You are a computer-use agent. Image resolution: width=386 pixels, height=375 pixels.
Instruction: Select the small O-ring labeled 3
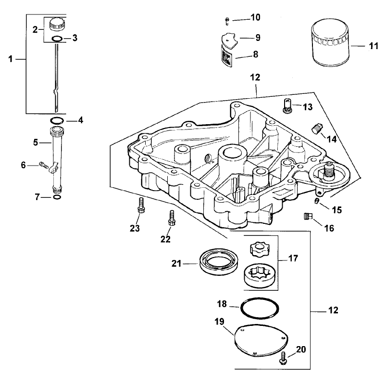[x=57, y=39]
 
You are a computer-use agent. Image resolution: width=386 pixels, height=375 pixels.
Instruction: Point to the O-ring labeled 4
[x=56, y=120]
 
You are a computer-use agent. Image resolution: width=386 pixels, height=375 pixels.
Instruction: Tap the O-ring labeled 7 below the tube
[x=57, y=196]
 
